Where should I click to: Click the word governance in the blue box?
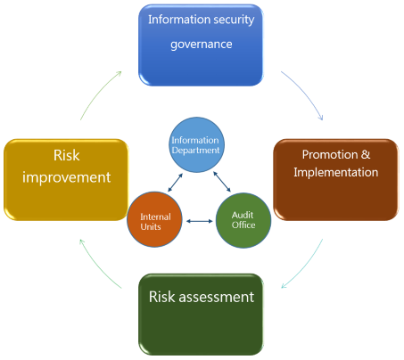coord(202,45)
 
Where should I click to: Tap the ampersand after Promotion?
coord(366,154)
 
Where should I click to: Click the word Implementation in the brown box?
coord(336,172)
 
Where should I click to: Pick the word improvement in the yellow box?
coord(67,177)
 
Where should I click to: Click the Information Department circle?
coord(196,144)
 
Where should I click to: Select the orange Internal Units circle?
coord(154,219)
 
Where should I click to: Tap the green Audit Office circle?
coord(243,220)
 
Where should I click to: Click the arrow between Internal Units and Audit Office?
coord(199,221)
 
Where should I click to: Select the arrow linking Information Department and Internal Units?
coord(175,183)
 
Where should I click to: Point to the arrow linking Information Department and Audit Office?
coord(222,182)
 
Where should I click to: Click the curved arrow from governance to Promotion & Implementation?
coord(305,92)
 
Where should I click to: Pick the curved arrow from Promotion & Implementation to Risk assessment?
coord(306,266)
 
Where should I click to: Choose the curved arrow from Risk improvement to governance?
coord(98,93)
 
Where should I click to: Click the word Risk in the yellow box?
coord(67,155)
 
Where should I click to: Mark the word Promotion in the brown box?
coord(330,154)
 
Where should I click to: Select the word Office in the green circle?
coord(243,225)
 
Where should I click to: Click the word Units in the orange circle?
coord(151,227)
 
